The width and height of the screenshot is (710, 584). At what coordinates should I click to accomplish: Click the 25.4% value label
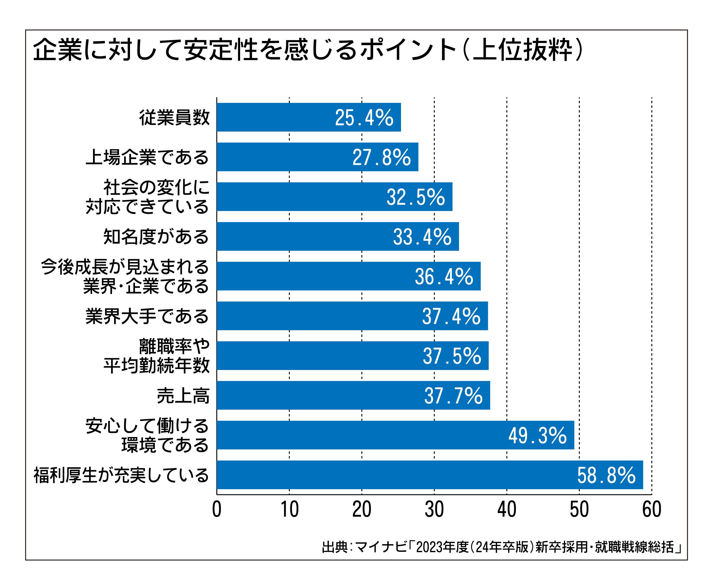click(364, 118)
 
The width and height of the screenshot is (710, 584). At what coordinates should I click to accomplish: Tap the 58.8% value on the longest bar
click(606, 475)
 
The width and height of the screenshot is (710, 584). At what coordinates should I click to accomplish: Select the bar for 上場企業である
click(317, 157)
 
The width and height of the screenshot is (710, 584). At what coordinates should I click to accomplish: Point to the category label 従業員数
click(174, 118)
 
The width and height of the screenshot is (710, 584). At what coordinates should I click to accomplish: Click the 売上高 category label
click(183, 396)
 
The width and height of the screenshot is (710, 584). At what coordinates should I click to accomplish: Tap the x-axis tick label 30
click(434, 510)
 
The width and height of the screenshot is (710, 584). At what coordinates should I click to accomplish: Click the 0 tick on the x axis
click(217, 510)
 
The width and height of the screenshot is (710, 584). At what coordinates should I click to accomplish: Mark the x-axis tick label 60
click(651, 510)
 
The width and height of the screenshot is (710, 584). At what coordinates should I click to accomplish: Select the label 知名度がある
click(156, 237)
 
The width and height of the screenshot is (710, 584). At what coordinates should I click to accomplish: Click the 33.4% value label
click(422, 237)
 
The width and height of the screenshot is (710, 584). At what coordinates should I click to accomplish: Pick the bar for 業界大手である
click(352, 316)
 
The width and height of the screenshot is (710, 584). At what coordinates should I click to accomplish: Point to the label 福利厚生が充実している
click(121, 475)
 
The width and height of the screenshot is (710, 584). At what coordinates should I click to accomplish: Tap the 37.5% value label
click(452, 356)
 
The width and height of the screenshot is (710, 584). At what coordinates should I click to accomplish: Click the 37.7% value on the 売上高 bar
click(453, 396)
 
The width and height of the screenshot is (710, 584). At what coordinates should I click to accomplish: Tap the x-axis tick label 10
click(289, 510)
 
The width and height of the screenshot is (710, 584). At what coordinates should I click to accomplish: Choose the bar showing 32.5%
click(334, 197)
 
